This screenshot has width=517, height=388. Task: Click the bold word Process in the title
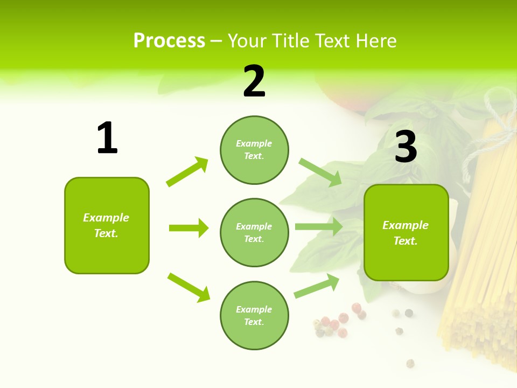(x=169, y=41)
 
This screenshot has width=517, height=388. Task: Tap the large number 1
(x=107, y=138)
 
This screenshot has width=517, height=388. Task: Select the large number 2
(x=254, y=82)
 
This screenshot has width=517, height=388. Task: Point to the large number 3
(x=406, y=147)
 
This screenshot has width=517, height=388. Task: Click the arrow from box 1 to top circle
(x=187, y=172)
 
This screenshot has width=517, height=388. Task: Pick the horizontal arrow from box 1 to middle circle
(x=188, y=228)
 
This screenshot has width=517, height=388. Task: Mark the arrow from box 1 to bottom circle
(x=188, y=287)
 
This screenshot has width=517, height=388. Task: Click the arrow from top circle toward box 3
(x=320, y=172)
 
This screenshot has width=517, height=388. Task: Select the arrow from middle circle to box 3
(x=318, y=227)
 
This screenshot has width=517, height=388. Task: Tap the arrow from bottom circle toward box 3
(x=317, y=286)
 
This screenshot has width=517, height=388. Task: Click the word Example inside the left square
(x=106, y=218)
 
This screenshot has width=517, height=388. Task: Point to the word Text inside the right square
(x=405, y=241)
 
